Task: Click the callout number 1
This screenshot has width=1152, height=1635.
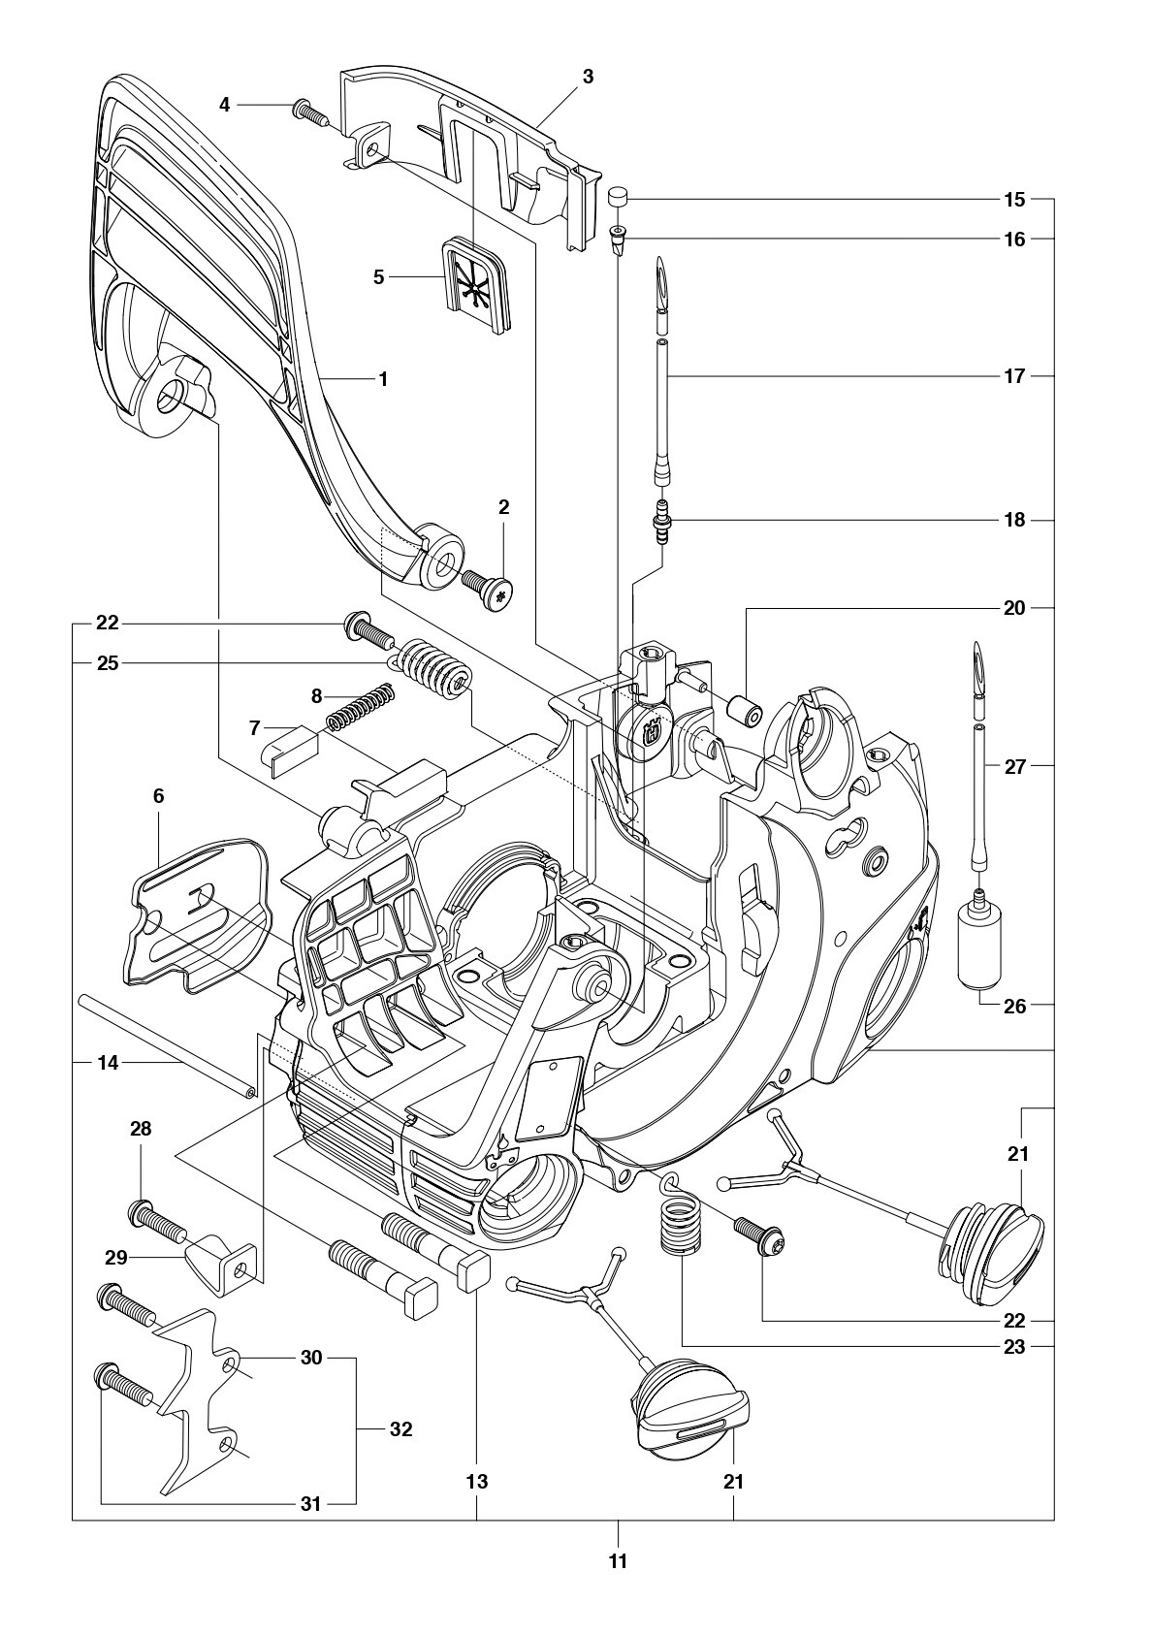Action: click(383, 379)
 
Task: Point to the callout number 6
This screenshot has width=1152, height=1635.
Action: click(158, 795)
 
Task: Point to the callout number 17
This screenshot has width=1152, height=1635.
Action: click(1013, 376)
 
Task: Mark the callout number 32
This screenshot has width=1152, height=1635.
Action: click(400, 1428)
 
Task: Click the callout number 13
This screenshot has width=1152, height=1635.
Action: click(477, 1481)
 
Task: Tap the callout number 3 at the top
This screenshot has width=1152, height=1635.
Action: click(588, 77)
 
